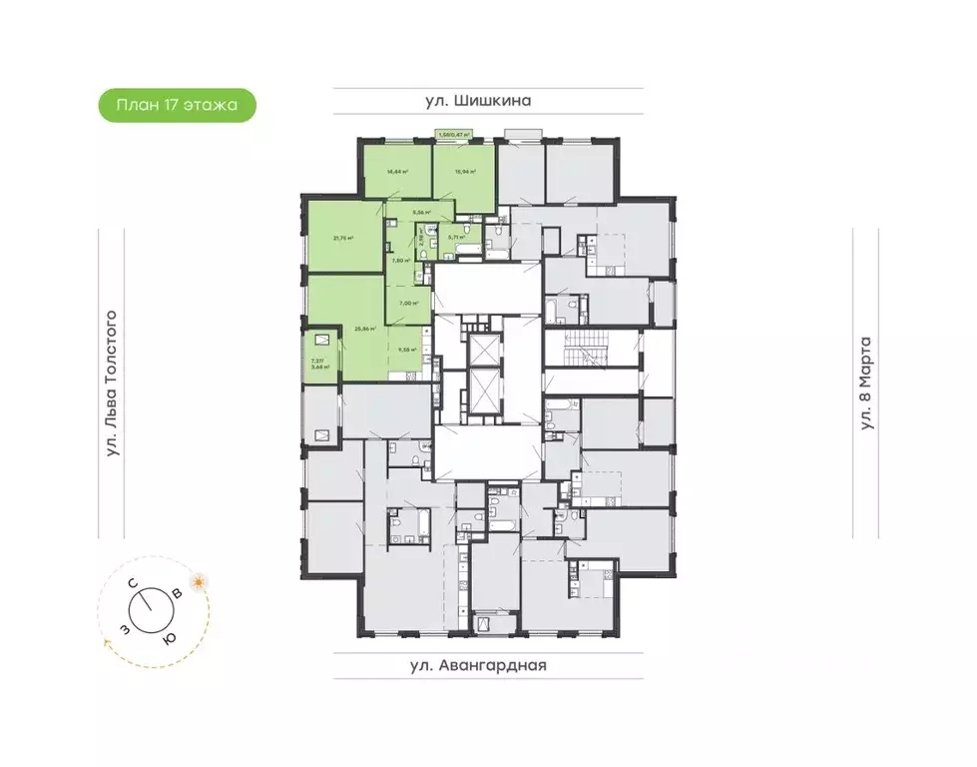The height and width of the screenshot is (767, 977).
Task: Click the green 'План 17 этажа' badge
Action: (178, 105)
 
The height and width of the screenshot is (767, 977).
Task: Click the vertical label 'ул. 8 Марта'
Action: (865, 383)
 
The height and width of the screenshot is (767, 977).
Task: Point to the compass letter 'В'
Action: (178, 594)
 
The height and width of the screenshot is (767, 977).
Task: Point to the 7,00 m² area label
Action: (407, 304)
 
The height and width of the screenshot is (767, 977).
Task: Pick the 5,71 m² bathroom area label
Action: (457, 237)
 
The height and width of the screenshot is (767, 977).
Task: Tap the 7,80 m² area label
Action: (400, 260)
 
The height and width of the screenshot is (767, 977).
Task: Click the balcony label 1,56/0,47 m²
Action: (454, 134)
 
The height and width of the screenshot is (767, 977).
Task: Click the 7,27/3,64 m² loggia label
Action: (320, 364)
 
